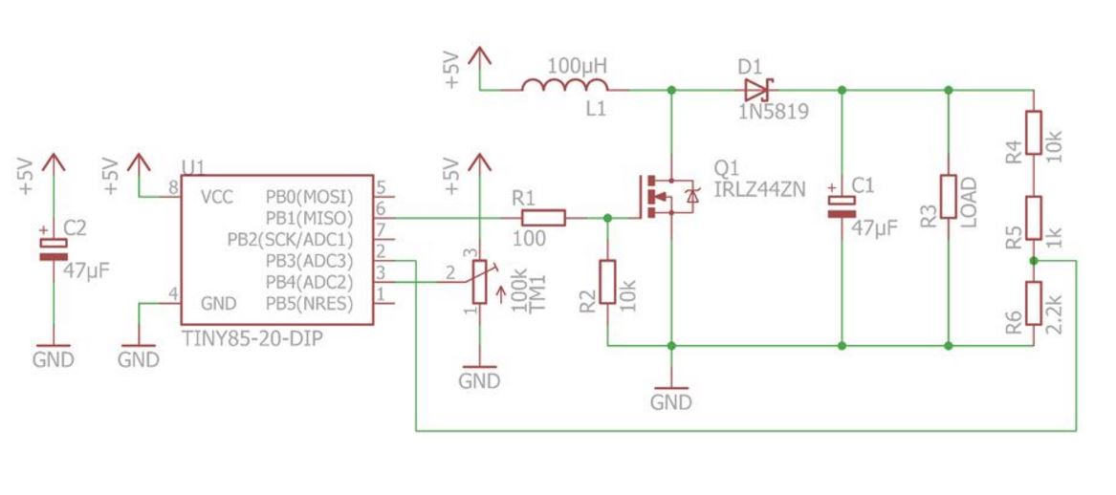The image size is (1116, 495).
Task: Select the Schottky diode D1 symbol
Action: click(756, 90)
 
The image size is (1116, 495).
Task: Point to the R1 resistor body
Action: click(539, 219)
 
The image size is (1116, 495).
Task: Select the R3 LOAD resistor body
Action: click(948, 197)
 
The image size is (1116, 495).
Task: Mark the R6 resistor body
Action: click(1033, 303)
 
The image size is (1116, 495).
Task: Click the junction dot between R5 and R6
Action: click(1033, 260)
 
